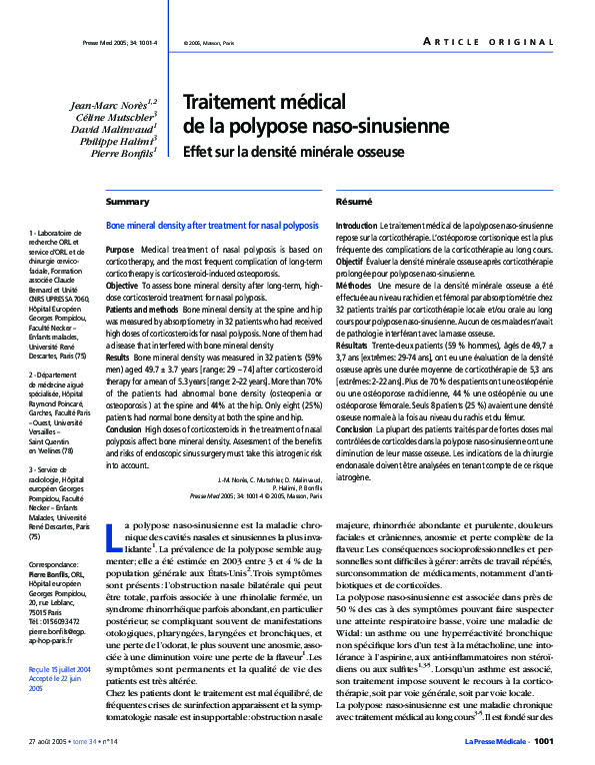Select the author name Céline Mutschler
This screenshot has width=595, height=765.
click(x=114, y=117)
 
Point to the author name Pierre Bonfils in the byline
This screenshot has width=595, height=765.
click(x=122, y=155)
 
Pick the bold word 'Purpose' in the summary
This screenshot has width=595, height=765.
click(x=119, y=249)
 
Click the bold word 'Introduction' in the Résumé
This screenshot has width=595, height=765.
click(x=357, y=228)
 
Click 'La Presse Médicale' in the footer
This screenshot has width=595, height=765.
click(x=496, y=741)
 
